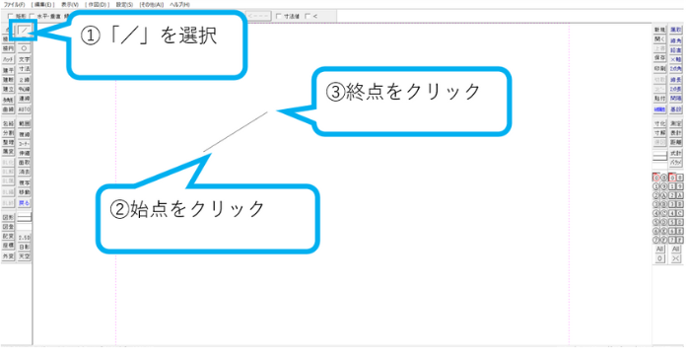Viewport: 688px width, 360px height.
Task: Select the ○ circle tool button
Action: pyautogui.click(x=26, y=46)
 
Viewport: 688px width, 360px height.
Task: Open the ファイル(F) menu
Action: pyautogui.click(x=13, y=5)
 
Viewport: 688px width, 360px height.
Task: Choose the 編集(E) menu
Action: pyautogui.click(x=42, y=5)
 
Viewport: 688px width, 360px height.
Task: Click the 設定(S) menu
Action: pyautogui.click(x=125, y=5)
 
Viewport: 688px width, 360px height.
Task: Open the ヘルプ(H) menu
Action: pyautogui.click(x=180, y=5)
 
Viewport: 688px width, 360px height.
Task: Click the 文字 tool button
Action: pyautogui.click(x=26, y=59)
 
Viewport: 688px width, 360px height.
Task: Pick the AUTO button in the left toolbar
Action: pyautogui.click(x=26, y=110)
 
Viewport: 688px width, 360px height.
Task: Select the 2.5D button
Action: pyautogui.click(x=26, y=237)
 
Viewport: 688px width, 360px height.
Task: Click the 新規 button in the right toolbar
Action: pyautogui.click(x=659, y=32)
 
